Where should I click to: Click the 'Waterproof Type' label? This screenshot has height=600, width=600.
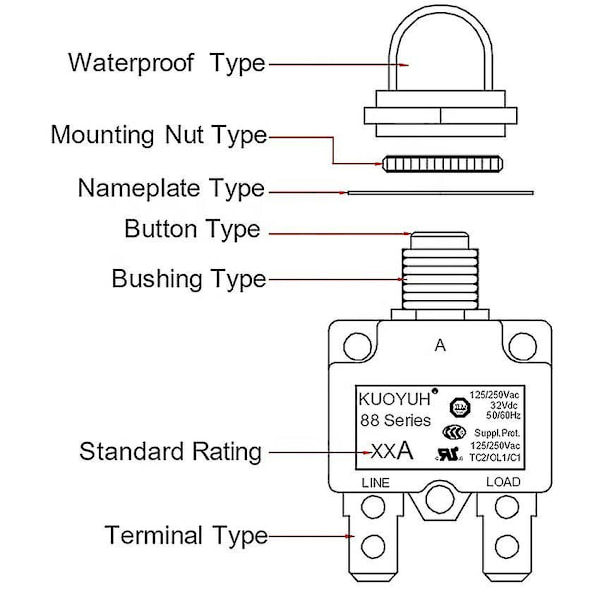(x=167, y=62)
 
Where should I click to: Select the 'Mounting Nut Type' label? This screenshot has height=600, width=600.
(x=159, y=134)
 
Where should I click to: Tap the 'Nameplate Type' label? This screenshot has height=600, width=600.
(x=171, y=188)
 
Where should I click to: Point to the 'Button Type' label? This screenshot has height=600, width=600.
(x=192, y=229)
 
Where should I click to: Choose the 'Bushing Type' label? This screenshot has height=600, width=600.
(x=188, y=278)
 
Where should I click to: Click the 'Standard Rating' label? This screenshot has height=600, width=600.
(x=170, y=451)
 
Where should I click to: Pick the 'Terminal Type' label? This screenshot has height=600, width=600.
(x=186, y=535)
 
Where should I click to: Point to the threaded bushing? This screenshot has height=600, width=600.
(x=440, y=280)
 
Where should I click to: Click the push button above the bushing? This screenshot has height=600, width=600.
(x=440, y=240)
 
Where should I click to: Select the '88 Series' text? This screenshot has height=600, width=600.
(x=395, y=420)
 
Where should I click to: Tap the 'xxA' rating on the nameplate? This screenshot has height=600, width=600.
(x=391, y=451)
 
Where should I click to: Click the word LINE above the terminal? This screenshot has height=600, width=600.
(x=375, y=483)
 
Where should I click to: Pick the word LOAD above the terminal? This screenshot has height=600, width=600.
(x=503, y=483)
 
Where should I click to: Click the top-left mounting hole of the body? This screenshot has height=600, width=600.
(x=355, y=346)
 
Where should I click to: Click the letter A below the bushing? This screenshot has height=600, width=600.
(x=439, y=346)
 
